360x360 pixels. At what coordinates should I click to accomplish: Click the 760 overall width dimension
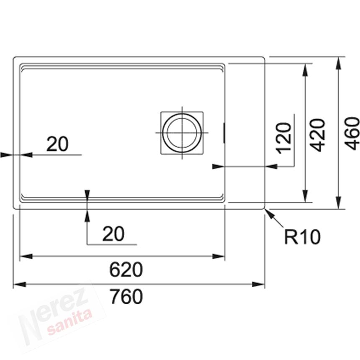(126, 296)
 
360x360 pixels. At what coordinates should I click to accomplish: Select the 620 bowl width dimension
(126, 270)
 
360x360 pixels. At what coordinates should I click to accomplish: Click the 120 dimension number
(284, 138)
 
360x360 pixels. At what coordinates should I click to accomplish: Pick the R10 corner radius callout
(302, 237)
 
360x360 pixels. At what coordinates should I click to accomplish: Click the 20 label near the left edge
(57, 144)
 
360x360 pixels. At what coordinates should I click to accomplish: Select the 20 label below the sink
(113, 234)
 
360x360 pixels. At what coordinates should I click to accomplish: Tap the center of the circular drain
(182, 133)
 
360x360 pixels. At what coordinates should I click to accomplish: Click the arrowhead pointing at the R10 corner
(270, 213)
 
